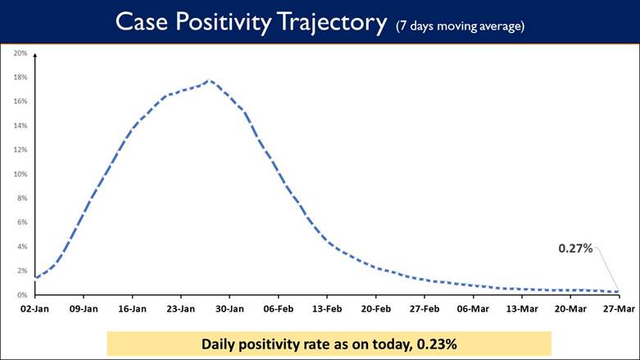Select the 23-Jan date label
tap(181, 309)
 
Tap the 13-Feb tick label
tap(327, 309)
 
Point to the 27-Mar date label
tap(619, 309)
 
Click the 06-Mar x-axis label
tap(473, 309)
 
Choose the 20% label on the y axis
tap(20, 53)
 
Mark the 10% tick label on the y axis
tap(20, 174)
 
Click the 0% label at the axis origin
tap(22, 294)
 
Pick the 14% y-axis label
tap(20, 125)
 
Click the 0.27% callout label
tap(575, 248)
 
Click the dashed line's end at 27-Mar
tap(617, 291)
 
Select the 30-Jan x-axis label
tap(229, 309)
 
